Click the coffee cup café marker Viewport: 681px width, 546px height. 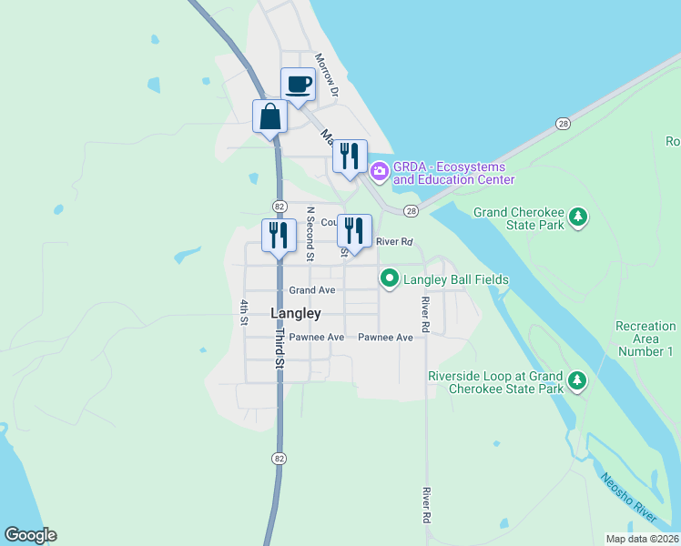tap(297, 86)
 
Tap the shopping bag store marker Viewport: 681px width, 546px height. tap(269, 117)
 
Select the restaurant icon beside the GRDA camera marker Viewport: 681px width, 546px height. tap(350, 157)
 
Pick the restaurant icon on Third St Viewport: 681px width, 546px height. tap(279, 235)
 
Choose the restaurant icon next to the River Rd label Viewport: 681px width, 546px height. tap(354, 231)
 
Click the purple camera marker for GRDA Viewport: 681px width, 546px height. tap(379, 169)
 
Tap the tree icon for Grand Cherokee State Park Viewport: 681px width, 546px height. tap(576, 217)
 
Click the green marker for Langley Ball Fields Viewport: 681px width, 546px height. tap(390, 278)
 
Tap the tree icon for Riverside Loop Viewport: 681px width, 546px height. tap(576, 380)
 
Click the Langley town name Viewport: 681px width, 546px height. tap(296, 313)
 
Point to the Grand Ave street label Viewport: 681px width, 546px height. tap(312, 290)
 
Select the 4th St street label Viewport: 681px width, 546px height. tap(244, 312)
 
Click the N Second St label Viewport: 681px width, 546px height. tap(310, 234)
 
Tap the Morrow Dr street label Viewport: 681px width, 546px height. tap(327, 75)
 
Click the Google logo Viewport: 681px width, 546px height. tap(30, 535)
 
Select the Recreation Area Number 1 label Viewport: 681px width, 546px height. tap(645, 339)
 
